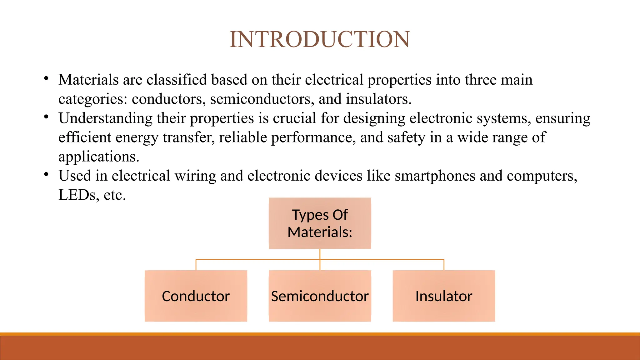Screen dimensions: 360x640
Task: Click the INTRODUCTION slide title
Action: click(x=320, y=40)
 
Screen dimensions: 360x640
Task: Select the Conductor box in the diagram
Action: click(x=196, y=296)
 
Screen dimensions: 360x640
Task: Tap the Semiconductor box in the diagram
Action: click(x=320, y=296)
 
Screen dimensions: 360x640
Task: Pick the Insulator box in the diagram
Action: click(x=444, y=296)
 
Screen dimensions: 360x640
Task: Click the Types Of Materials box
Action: click(x=320, y=223)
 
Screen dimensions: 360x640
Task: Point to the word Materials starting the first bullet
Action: click(x=88, y=80)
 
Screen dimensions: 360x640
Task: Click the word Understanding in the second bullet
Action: click(x=105, y=118)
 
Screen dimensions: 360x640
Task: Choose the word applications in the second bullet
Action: click(x=98, y=157)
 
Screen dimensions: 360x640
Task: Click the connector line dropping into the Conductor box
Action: click(x=196, y=265)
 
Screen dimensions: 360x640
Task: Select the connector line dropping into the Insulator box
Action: click(x=444, y=265)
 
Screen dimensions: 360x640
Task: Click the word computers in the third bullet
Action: click(x=542, y=176)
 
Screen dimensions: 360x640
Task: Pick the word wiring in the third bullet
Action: click(x=195, y=176)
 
